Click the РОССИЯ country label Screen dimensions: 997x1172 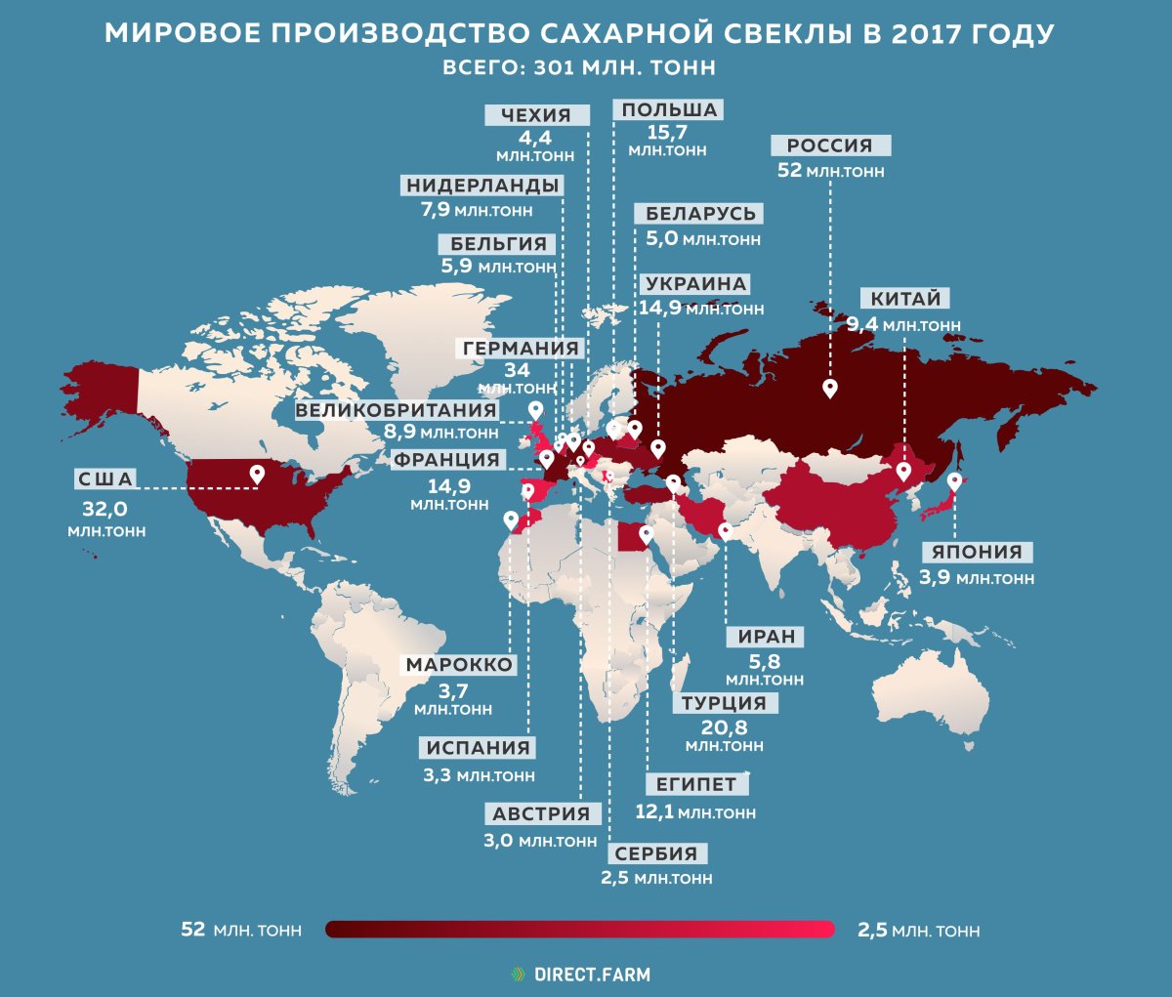tap(830, 145)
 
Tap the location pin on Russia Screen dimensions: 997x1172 tap(830, 389)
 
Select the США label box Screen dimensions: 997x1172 tap(105, 479)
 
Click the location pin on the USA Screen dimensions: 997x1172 tap(258, 474)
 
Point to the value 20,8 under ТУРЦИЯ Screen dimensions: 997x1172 tap(724, 727)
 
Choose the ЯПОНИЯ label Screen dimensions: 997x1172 tap(976, 552)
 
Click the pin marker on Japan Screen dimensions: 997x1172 tap(954, 481)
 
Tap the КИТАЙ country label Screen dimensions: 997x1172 tap(905, 299)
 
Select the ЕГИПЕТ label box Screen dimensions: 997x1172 tap(696, 784)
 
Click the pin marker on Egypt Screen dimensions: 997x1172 tap(646, 533)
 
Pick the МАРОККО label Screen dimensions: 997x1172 tap(460, 665)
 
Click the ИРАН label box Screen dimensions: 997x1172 tap(767, 637)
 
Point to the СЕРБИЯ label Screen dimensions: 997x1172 tap(656, 853)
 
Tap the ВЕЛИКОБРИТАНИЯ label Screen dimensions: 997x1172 tap(396, 410)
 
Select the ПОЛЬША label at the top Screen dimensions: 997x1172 tap(669, 110)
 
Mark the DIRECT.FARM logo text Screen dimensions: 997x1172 tap(592, 975)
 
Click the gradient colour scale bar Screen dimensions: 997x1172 tap(580, 929)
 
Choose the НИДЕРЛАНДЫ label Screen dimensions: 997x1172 tap(482, 186)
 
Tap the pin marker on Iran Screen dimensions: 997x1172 tap(725, 531)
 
